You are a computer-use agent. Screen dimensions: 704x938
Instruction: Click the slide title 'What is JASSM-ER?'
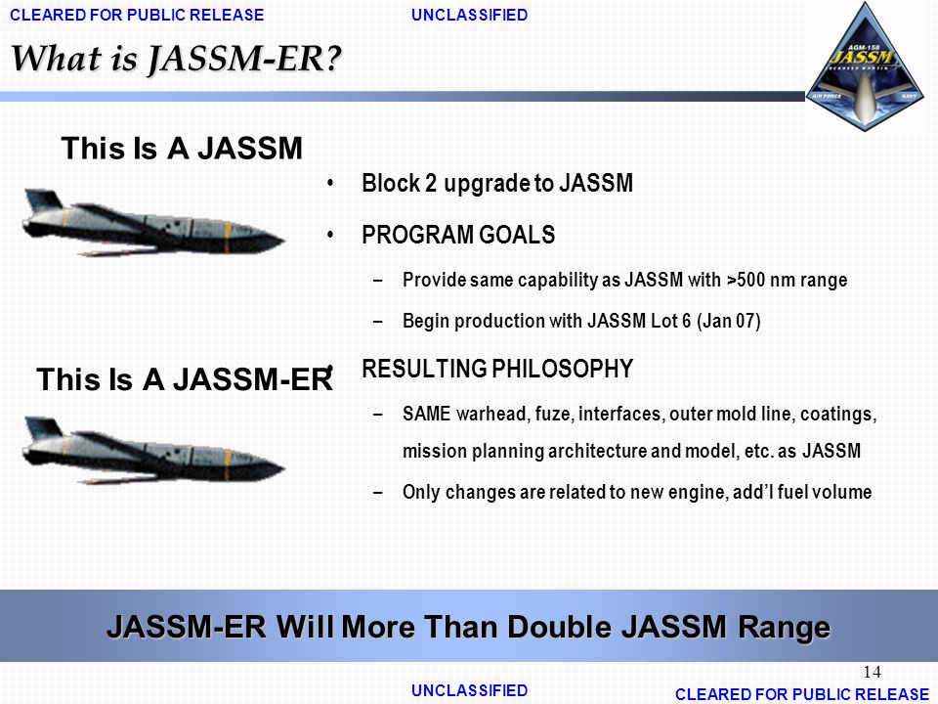click(x=177, y=59)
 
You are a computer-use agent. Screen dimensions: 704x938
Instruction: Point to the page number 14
click(x=873, y=672)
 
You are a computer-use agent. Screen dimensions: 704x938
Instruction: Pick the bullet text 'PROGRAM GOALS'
click(x=458, y=235)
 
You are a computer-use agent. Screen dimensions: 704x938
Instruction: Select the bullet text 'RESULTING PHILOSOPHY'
click(x=497, y=370)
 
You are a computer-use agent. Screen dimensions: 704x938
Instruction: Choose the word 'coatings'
click(x=838, y=415)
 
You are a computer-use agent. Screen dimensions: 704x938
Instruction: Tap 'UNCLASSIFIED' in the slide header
click(x=470, y=15)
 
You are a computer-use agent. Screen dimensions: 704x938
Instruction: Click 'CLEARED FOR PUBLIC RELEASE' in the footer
click(x=802, y=693)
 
